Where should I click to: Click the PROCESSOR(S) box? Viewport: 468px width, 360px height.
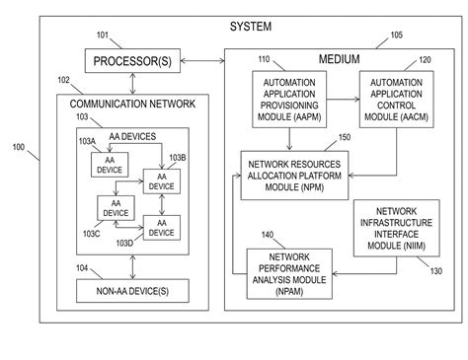132,63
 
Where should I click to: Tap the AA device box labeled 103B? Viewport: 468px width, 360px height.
161,180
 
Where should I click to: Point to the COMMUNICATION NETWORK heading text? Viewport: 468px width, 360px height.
132,102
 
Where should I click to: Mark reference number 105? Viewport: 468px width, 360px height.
396,35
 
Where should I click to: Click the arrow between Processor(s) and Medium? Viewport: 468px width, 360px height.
205,63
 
